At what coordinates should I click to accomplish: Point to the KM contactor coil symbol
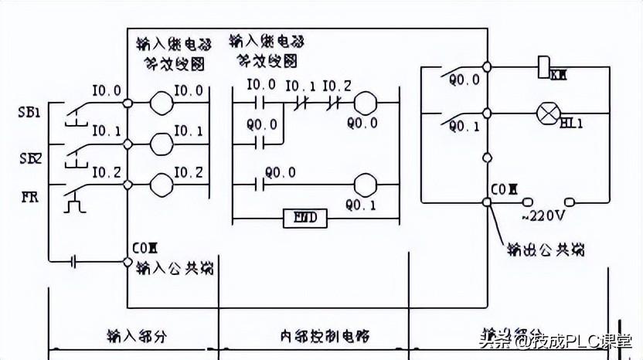[x=543, y=66]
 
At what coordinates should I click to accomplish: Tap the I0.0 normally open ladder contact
[x=259, y=101]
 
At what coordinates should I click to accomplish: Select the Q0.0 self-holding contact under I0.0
[x=259, y=142]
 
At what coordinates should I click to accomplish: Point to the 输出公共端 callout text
[x=545, y=251]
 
